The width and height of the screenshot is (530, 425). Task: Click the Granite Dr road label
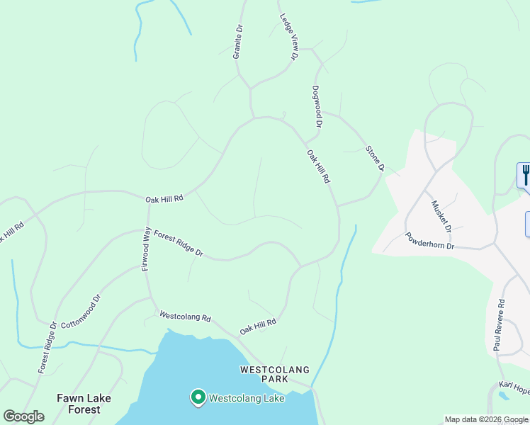(x=239, y=42)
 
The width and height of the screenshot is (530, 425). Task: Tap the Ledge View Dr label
(x=289, y=37)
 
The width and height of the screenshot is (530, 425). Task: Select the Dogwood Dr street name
(x=317, y=107)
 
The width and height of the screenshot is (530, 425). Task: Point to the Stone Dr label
(x=374, y=158)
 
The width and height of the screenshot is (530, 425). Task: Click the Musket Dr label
(x=441, y=216)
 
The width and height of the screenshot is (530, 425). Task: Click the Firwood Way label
(x=146, y=249)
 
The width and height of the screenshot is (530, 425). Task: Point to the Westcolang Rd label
(x=185, y=317)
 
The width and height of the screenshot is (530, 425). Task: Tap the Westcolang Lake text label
(x=246, y=398)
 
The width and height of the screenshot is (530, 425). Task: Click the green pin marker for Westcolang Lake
(x=198, y=397)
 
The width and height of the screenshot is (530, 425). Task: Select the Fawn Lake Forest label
(x=84, y=404)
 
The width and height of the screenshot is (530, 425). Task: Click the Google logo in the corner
(x=23, y=416)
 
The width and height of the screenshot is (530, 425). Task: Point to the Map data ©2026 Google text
(x=486, y=419)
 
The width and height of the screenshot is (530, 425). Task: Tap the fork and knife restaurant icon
(x=525, y=174)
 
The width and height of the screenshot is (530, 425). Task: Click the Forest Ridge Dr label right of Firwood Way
(x=179, y=243)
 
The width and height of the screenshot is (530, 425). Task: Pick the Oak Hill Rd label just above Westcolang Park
(x=257, y=327)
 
